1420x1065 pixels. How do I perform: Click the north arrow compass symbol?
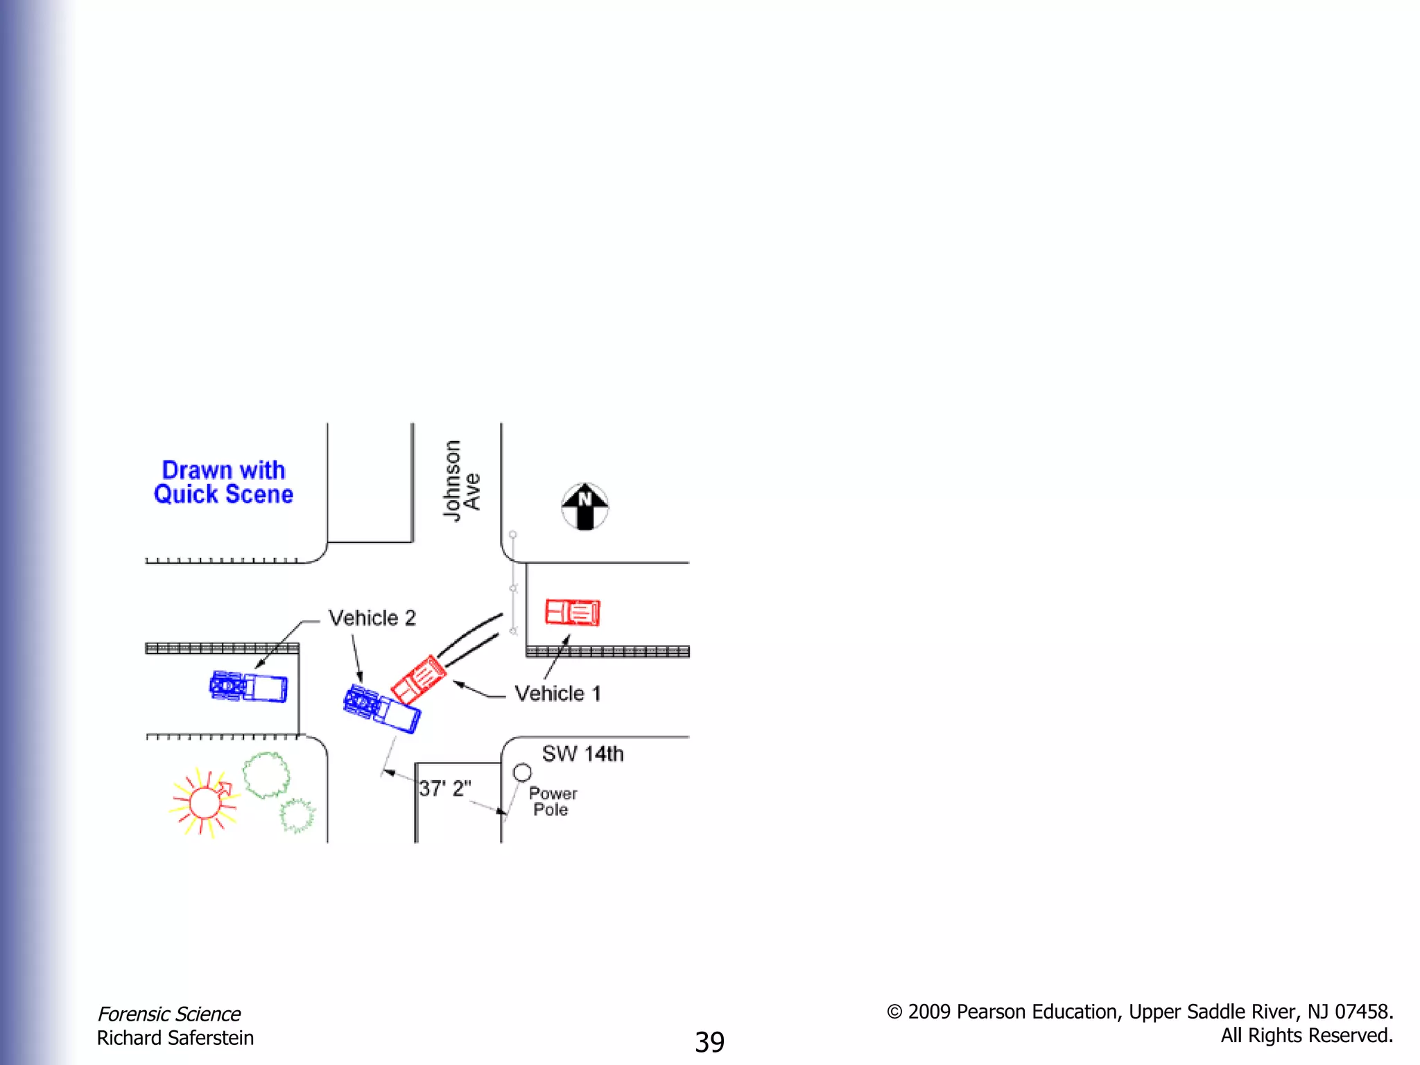click(x=585, y=506)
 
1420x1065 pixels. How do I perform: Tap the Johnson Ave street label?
click(x=461, y=480)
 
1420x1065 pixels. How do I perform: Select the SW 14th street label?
click(x=582, y=754)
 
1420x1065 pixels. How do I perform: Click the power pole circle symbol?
click(x=522, y=772)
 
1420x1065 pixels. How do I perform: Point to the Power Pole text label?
click(x=553, y=802)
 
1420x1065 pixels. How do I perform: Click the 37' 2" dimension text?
click(x=444, y=788)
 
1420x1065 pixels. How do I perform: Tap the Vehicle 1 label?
click(x=557, y=693)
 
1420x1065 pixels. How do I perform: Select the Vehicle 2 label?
click(x=372, y=618)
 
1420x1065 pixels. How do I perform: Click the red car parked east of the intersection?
click(x=573, y=612)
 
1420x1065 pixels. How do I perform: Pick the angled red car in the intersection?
click(x=418, y=679)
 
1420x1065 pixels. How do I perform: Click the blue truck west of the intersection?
click(x=248, y=687)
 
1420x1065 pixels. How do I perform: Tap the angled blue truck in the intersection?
click(x=381, y=708)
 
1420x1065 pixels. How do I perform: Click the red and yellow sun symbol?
click(x=204, y=803)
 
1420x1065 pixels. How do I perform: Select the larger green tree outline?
click(x=266, y=775)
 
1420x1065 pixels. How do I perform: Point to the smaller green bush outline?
click(x=297, y=815)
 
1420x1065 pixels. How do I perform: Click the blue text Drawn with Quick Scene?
click(x=223, y=482)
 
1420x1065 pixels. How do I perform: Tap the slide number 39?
click(x=709, y=1041)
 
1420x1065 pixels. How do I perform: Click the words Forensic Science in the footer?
click(x=168, y=1014)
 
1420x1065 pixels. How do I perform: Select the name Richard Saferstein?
click(x=175, y=1038)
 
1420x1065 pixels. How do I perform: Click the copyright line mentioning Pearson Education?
click(x=1139, y=1012)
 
